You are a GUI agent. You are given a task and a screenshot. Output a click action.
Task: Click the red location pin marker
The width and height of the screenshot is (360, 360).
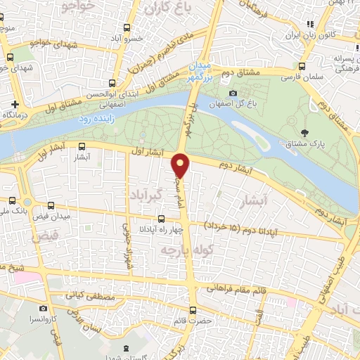tap(182, 166)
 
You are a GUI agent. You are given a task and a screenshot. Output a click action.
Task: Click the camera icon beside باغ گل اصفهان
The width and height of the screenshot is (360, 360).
tap(233, 93)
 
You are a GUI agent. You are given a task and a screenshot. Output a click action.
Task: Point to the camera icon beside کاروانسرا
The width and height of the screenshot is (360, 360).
tap(44, 308)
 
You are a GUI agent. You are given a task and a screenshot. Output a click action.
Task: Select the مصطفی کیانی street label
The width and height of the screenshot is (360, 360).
tap(88, 296)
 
